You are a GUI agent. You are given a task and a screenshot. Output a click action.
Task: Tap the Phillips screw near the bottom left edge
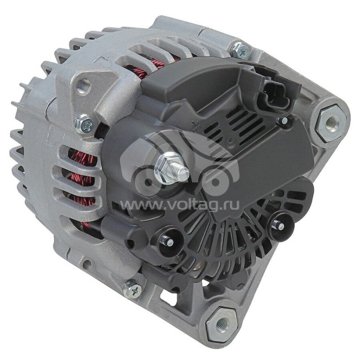132,288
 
